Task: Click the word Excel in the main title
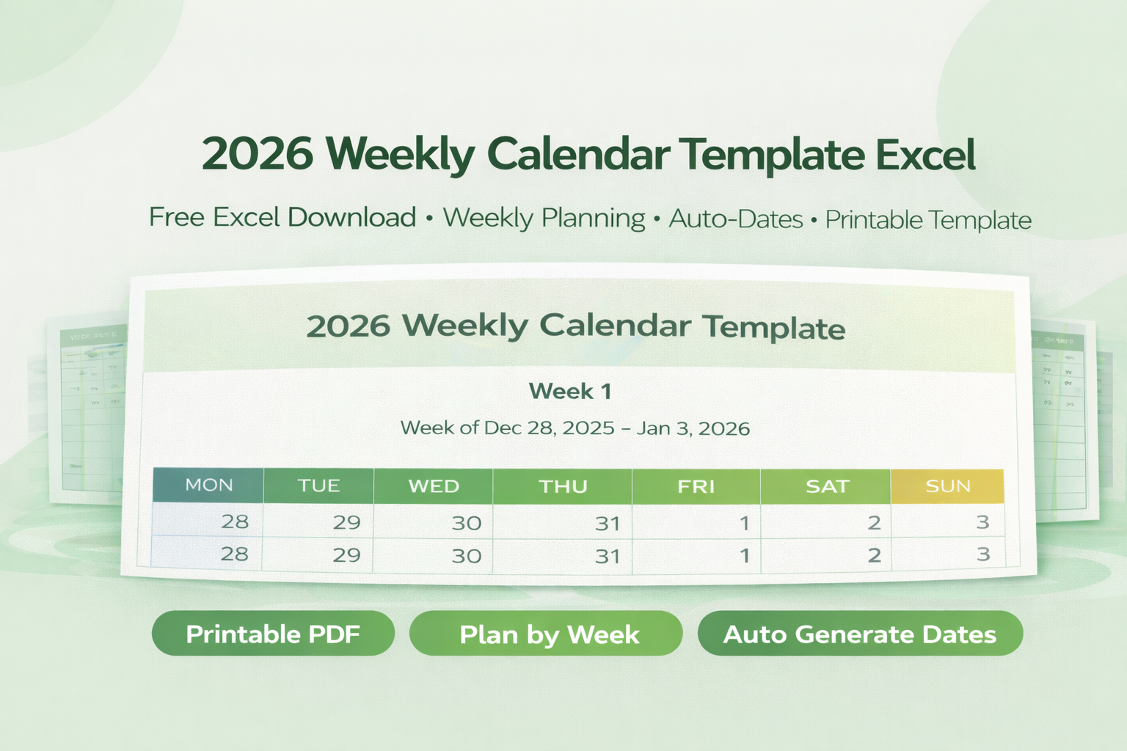tap(925, 155)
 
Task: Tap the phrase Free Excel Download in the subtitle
tap(282, 218)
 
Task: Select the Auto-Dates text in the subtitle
tap(735, 219)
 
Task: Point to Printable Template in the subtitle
tap(928, 220)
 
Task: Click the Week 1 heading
tap(570, 391)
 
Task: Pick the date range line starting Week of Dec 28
tap(575, 428)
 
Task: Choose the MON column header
tap(208, 486)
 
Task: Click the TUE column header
tap(318, 486)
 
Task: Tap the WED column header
tap(434, 487)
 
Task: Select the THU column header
tap(563, 487)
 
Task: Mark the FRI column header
tap(696, 487)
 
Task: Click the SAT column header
tap(827, 487)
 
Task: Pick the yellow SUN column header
tap(947, 486)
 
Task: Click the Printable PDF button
tap(273, 634)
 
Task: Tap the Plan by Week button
tap(548, 634)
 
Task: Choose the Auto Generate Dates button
tap(860, 634)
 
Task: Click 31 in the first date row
tap(608, 524)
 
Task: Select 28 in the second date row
tap(234, 554)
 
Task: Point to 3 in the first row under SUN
tap(982, 522)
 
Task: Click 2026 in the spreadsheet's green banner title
tap(348, 326)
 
